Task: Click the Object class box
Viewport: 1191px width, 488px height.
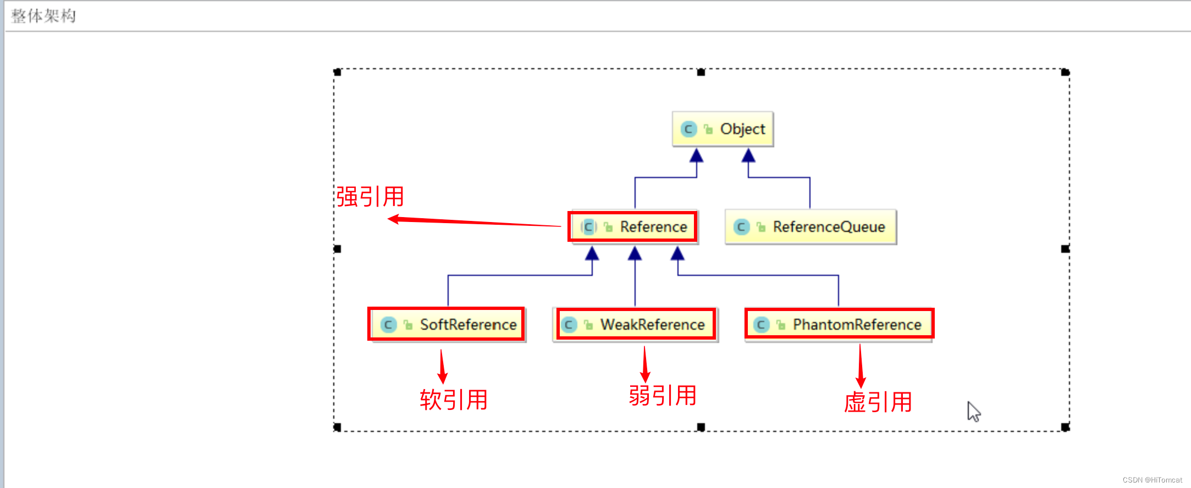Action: pyautogui.click(x=723, y=129)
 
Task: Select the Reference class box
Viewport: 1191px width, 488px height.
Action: pyautogui.click(x=633, y=227)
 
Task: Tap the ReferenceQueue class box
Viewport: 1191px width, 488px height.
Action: pyautogui.click(x=810, y=227)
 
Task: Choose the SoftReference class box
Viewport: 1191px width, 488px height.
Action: pyautogui.click(x=446, y=325)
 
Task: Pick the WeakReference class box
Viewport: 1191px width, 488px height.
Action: pyautogui.click(x=635, y=325)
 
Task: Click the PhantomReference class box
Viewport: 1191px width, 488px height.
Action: pyautogui.click(x=839, y=325)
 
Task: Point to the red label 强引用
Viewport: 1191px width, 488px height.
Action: pyautogui.click(x=370, y=197)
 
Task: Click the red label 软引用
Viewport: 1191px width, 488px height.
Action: pyautogui.click(x=454, y=400)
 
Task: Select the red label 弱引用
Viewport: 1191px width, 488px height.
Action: pyautogui.click(x=663, y=396)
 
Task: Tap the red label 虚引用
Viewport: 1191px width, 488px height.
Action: pyautogui.click(x=878, y=402)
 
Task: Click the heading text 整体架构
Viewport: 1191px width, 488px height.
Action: pyautogui.click(x=43, y=16)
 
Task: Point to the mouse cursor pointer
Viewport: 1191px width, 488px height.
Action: pyautogui.click(x=973, y=411)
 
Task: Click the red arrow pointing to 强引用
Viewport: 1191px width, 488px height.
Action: pyautogui.click(x=473, y=222)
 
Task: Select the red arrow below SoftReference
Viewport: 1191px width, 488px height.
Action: pyautogui.click(x=442, y=367)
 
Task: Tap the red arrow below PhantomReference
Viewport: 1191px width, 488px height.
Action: pyautogui.click(x=861, y=367)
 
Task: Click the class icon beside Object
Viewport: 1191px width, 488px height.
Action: pyautogui.click(x=688, y=129)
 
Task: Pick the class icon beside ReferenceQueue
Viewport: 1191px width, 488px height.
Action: pyautogui.click(x=741, y=227)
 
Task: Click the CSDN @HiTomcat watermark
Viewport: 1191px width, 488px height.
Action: pyautogui.click(x=1152, y=480)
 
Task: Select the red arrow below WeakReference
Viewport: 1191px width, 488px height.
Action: pyautogui.click(x=646, y=364)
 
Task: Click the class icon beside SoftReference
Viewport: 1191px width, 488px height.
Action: pyautogui.click(x=388, y=325)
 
